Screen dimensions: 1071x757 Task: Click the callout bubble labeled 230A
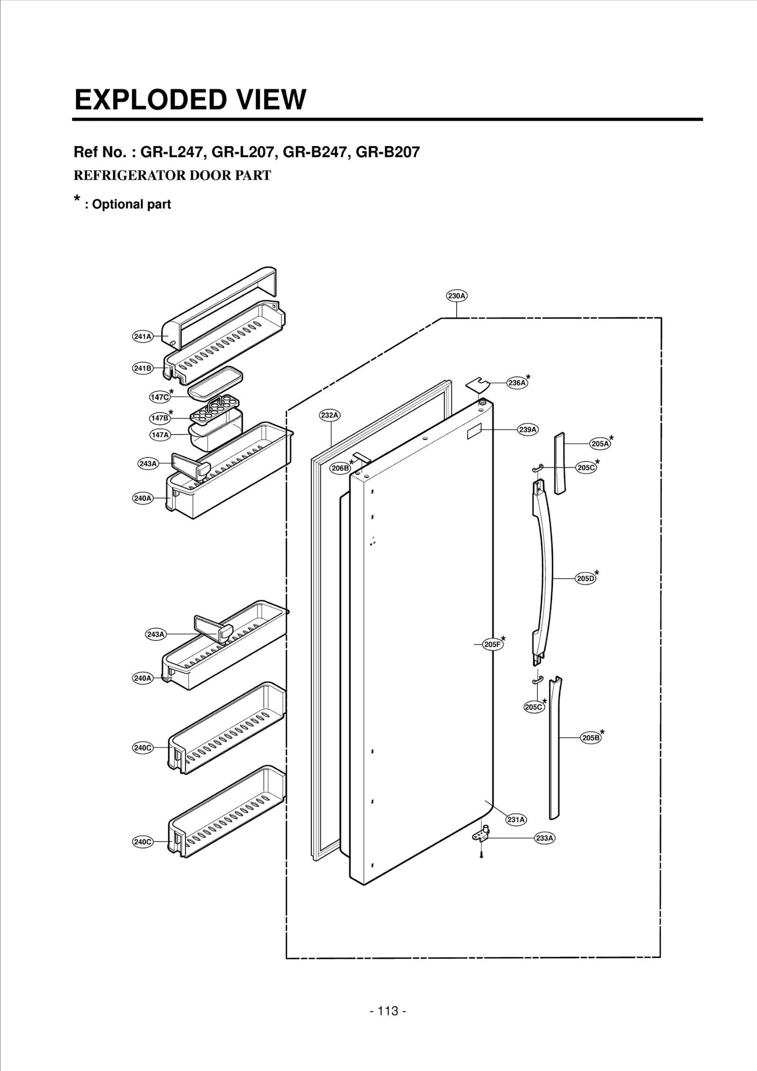coord(457,296)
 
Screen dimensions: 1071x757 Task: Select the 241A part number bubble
coord(142,336)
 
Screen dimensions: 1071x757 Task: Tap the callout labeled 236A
coord(517,383)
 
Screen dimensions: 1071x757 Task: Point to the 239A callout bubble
coord(528,430)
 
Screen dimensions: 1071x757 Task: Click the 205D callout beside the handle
coord(585,578)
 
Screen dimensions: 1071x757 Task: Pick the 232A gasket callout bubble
coord(330,415)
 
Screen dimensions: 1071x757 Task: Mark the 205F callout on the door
coord(492,644)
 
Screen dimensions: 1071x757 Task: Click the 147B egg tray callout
coord(159,418)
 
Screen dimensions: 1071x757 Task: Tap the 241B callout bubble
coord(142,368)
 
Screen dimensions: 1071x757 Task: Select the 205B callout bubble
coord(590,737)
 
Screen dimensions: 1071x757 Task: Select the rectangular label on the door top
coord(474,432)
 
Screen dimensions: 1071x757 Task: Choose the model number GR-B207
coord(387,152)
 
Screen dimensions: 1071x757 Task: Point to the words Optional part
coord(131,204)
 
